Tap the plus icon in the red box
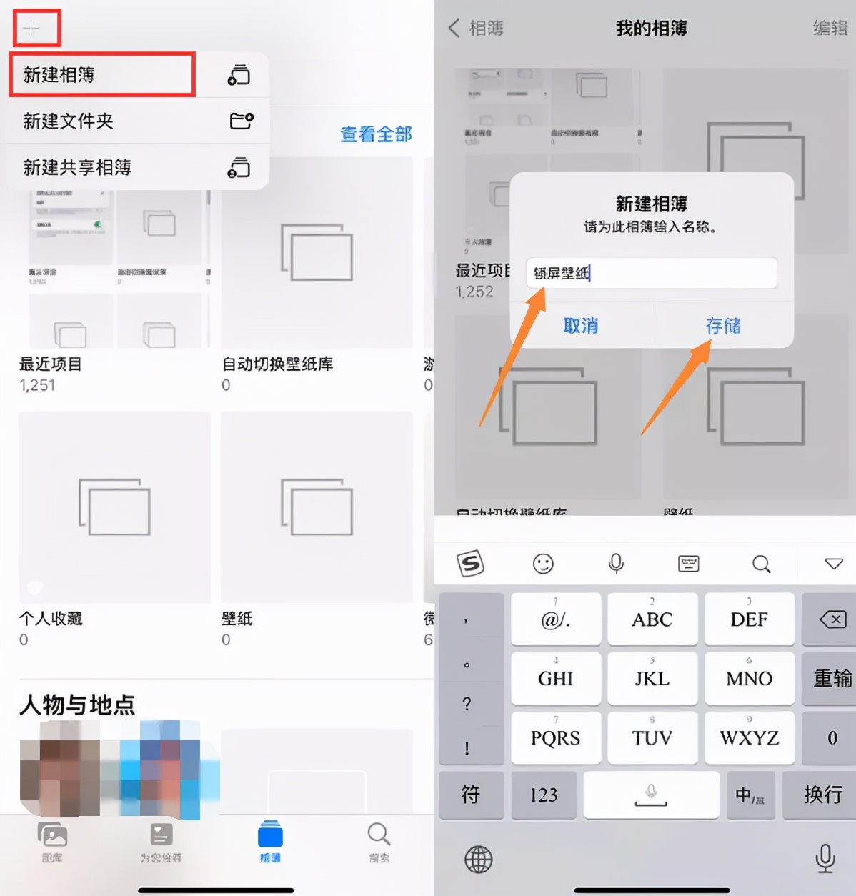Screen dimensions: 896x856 (x=31, y=29)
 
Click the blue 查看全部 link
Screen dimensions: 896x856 (x=376, y=134)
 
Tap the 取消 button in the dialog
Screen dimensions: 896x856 (x=580, y=326)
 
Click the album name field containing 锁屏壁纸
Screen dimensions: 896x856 (x=651, y=273)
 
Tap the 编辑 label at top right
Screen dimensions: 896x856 (x=830, y=28)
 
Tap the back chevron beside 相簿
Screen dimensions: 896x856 (x=454, y=28)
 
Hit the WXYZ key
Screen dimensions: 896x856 (x=749, y=737)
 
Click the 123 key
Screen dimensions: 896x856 (x=544, y=795)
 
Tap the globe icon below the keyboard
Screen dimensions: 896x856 (x=478, y=859)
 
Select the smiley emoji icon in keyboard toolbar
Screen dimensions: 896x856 (x=543, y=564)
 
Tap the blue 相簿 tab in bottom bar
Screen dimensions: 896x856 (x=270, y=841)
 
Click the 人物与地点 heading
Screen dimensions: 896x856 (x=77, y=705)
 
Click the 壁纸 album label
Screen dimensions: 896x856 (x=237, y=619)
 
